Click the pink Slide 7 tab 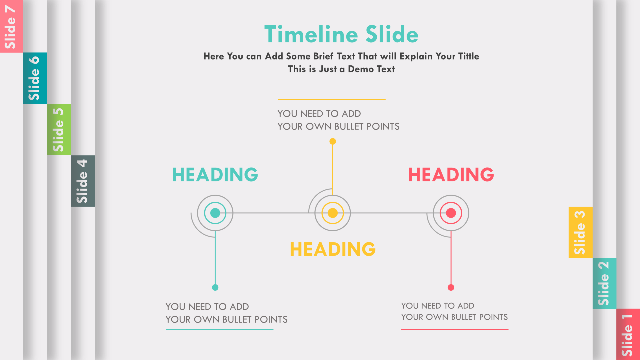click(x=11, y=26)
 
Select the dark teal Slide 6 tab click(x=35, y=78)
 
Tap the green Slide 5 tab click(x=59, y=129)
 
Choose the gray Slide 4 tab click(x=83, y=181)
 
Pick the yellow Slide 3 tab click(x=580, y=232)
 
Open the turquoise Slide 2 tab click(x=604, y=283)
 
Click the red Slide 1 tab click(x=628, y=334)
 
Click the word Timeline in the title click(x=311, y=34)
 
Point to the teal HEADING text click(x=215, y=175)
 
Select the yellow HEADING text click(x=333, y=249)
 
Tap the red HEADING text click(x=451, y=175)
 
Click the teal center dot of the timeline click(x=215, y=213)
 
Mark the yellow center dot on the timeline click(x=333, y=213)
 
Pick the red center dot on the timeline click(x=451, y=213)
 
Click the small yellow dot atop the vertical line click(x=333, y=141)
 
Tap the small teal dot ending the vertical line click(x=215, y=287)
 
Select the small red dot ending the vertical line click(x=451, y=287)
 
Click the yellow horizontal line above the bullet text click(x=332, y=99)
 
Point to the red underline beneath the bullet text click(x=455, y=329)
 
